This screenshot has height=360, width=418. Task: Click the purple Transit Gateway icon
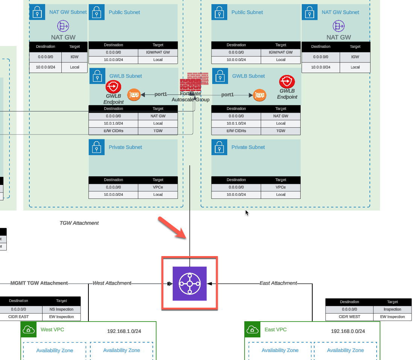pos(190,283)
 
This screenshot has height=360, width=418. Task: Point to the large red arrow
pos(172,227)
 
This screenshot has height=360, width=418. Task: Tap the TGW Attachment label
pos(79,223)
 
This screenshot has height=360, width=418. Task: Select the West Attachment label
pos(112,283)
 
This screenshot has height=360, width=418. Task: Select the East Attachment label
pos(278,283)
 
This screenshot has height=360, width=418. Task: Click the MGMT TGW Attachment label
pos(39,283)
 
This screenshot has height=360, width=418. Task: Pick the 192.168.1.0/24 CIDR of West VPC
pos(124,331)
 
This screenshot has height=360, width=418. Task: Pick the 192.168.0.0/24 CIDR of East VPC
pos(348,331)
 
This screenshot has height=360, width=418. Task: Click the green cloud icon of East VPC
pos(252,330)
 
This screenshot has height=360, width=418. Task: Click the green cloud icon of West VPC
pos(29,330)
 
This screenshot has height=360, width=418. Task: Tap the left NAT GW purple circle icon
pos(63,26)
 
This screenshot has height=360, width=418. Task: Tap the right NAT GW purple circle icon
pos(339,26)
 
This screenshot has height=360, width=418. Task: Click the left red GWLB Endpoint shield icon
pos(113,87)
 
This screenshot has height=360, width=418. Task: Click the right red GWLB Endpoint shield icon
pos(287,82)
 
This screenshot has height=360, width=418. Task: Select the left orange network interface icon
pos(134,95)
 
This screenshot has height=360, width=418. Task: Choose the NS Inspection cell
pos(61,309)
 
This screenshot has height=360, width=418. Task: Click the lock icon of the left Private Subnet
pos(97,147)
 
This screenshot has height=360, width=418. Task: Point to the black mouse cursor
pos(247,213)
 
